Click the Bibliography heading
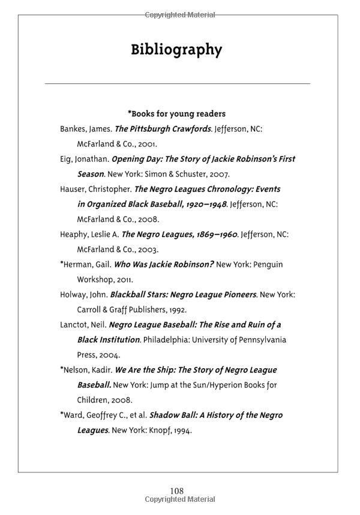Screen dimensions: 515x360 point(176,50)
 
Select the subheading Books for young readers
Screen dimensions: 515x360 point(178,113)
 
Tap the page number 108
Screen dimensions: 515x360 point(176,491)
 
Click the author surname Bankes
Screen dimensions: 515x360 point(73,129)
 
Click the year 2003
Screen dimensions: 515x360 point(148,249)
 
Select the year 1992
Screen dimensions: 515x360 point(176,310)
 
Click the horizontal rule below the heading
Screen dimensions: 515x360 point(178,83)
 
